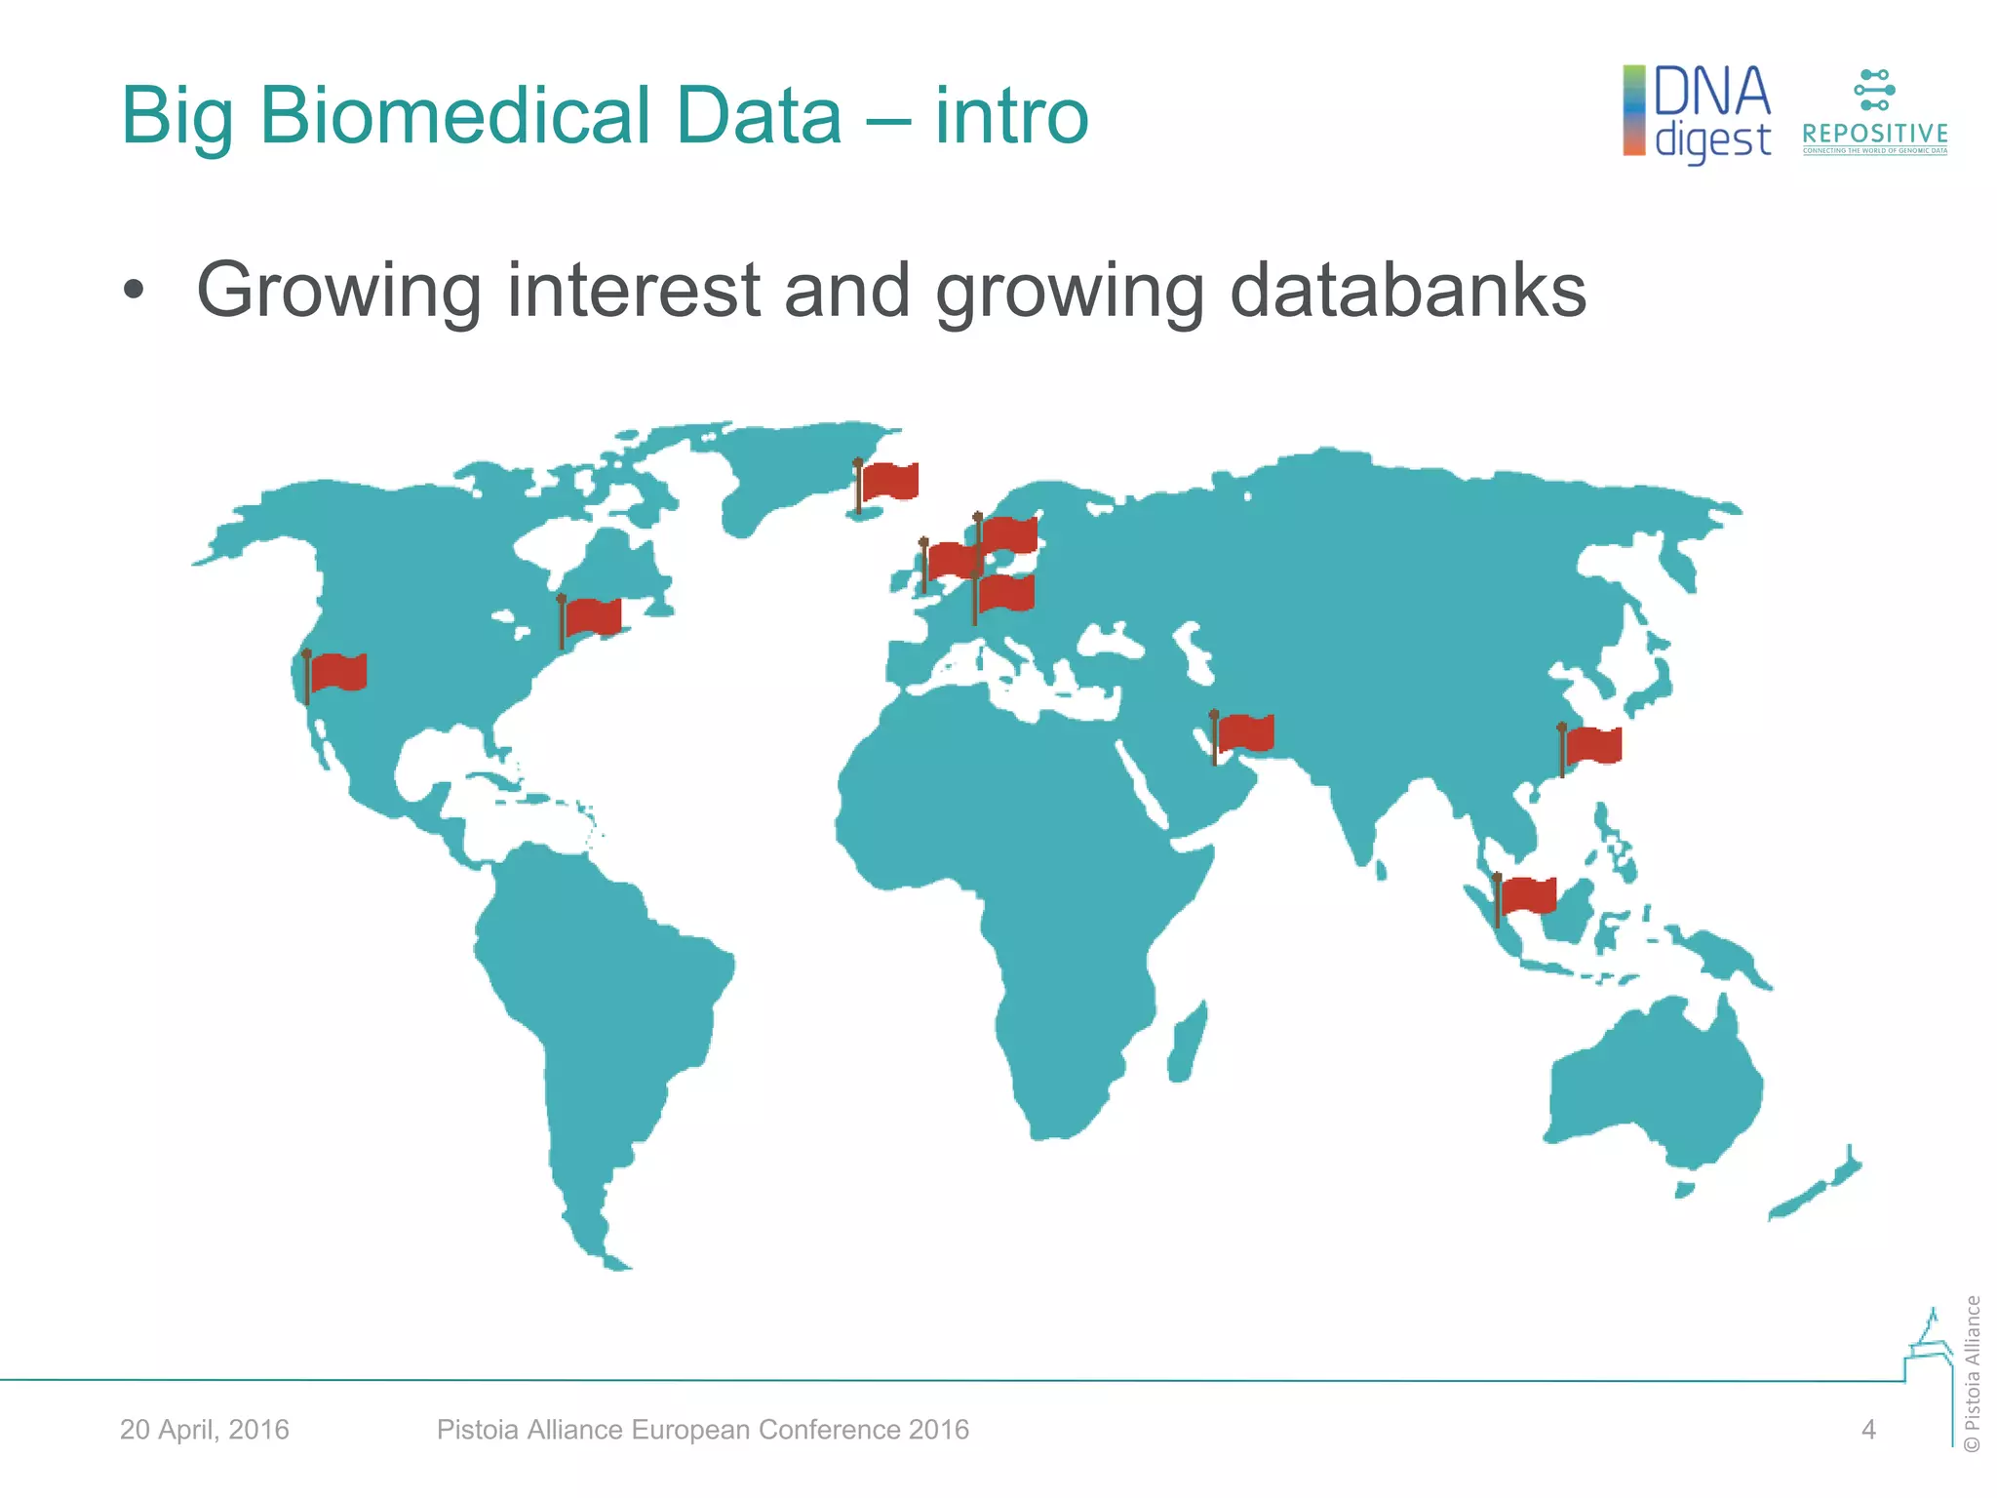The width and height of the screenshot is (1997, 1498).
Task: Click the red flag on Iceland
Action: click(x=888, y=482)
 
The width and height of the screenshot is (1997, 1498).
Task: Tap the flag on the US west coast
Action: click(x=337, y=672)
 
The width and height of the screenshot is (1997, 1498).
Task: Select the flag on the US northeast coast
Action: click(x=592, y=617)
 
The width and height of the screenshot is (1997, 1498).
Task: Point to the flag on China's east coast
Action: click(x=1592, y=746)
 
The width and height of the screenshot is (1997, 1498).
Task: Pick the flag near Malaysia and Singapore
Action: click(x=1527, y=895)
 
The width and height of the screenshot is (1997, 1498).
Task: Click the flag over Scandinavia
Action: click(x=1008, y=533)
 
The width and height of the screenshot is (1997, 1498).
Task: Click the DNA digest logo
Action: click(x=1698, y=113)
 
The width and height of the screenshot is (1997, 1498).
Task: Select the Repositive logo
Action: click(x=1874, y=113)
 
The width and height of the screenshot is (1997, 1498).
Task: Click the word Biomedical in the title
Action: click(x=550, y=116)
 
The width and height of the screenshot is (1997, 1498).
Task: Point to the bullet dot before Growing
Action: click(x=134, y=292)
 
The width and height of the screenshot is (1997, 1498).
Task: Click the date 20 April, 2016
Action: click(x=205, y=1430)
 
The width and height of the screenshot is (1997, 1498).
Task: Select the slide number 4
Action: click(x=1868, y=1430)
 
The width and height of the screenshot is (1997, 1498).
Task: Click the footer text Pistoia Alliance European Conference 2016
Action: click(x=702, y=1430)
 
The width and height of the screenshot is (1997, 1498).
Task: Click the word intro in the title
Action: click(x=1011, y=116)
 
